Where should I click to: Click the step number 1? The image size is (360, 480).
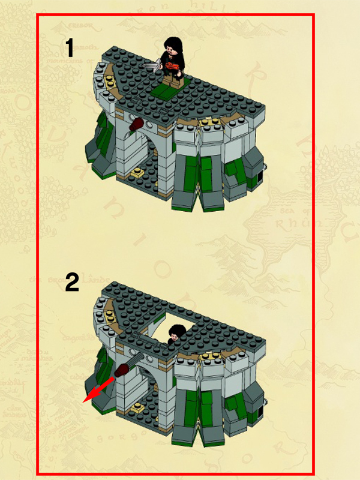(70, 48)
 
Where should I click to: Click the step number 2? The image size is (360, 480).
(71, 282)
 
